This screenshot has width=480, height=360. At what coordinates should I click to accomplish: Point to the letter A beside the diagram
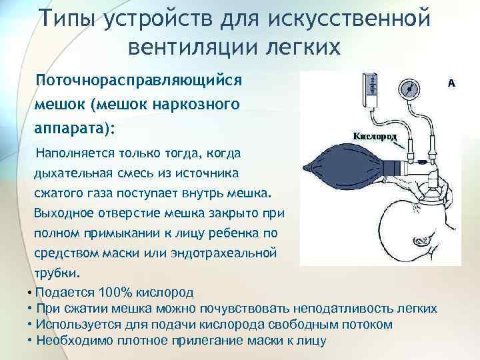click(451, 83)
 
